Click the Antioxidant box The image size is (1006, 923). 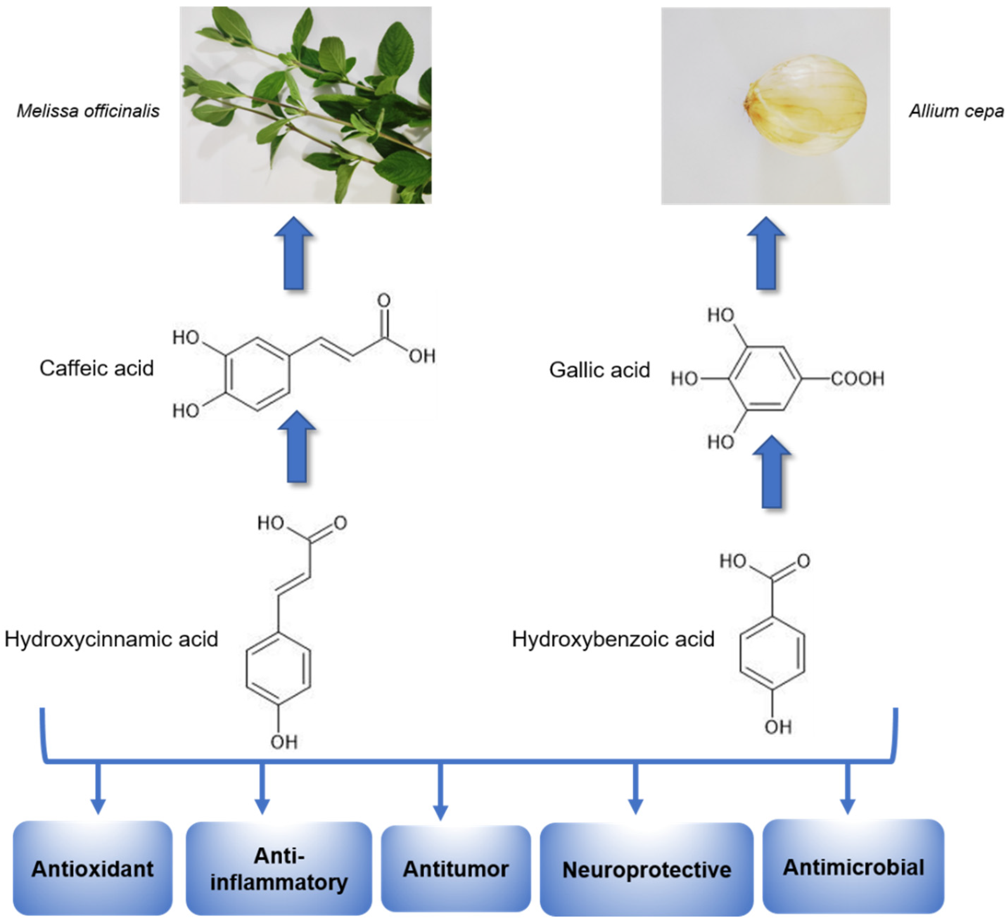coord(93,870)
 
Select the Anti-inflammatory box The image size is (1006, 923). coord(279,870)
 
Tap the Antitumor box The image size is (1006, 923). coord(456,870)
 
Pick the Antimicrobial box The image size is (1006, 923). coord(853,867)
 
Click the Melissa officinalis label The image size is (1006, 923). coord(88,111)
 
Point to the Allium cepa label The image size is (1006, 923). coord(956,111)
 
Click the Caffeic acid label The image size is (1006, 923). coord(96,368)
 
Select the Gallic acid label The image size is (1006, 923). coord(599,370)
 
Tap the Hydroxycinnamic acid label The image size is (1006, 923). coord(112,639)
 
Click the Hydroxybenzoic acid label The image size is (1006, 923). coord(613,639)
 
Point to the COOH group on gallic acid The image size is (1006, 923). coord(858,379)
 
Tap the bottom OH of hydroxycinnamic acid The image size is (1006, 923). coord(284,742)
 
